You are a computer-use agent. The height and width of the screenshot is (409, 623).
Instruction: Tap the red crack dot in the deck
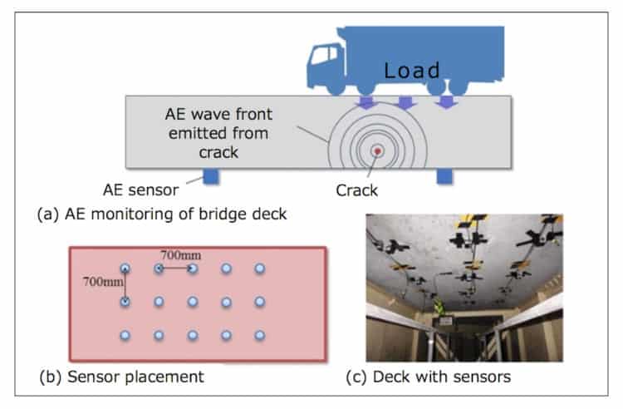pos(379,151)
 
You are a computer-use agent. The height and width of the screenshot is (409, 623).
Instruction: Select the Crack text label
pos(358,190)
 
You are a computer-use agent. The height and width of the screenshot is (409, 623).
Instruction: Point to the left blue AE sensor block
pos(210,176)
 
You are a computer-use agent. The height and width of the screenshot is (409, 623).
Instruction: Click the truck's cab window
pos(320,57)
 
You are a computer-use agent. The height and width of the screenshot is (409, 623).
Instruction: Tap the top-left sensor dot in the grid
pos(125,269)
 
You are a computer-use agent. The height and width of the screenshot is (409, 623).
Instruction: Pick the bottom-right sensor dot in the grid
pos(260,334)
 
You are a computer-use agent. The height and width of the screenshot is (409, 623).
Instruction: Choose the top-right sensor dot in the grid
pos(260,269)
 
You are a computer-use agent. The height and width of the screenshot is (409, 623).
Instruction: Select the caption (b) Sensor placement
pos(121,377)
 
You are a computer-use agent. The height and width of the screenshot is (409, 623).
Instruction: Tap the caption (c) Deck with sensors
pos(428,377)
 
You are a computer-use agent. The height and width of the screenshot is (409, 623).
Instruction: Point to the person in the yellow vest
pos(438,311)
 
